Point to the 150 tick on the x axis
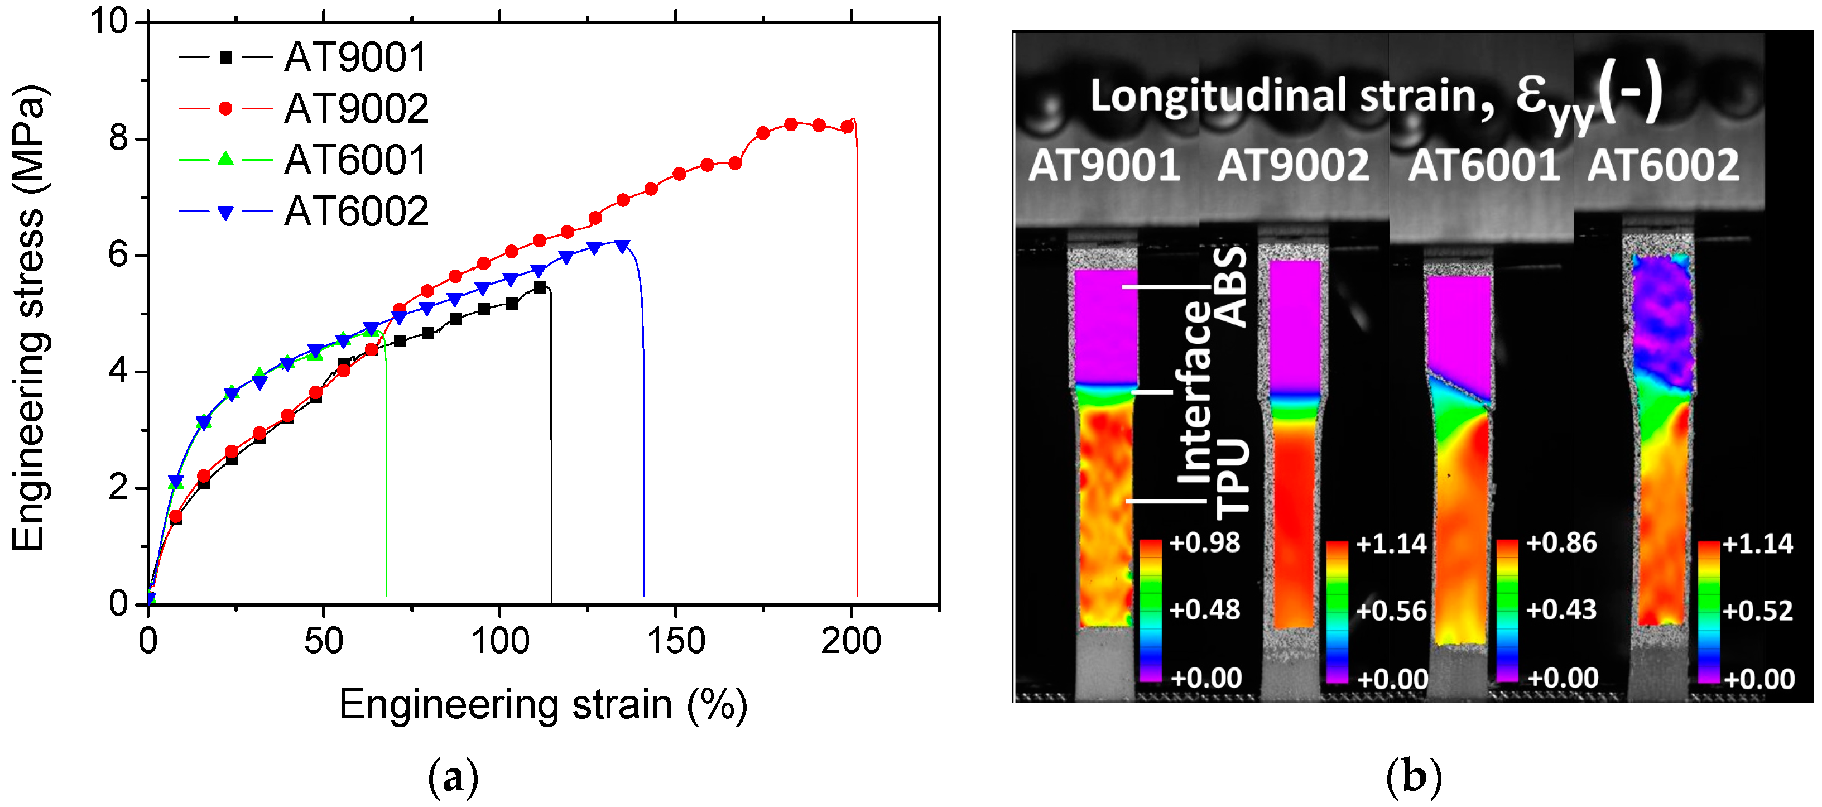(675, 641)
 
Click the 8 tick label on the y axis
(118, 138)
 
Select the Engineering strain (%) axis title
(542, 705)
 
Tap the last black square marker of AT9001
(540, 287)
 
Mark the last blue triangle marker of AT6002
(622, 246)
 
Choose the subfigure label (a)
(453, 777)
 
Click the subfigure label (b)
(1413, 777)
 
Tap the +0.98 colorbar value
(1204, 543)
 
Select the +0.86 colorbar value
(1561, 543)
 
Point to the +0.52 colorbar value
(1758, 611)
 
